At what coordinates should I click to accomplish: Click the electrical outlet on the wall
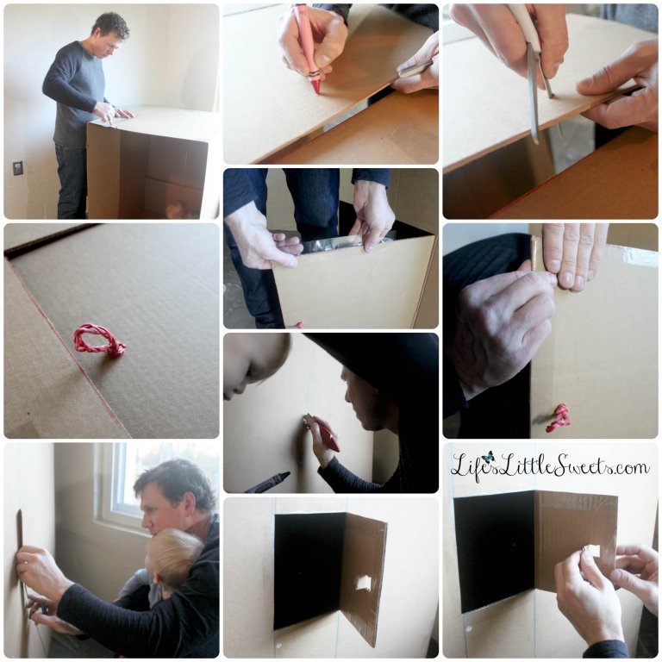[x=18, y=168]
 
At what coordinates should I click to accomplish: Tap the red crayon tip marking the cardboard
[x=316, y=90]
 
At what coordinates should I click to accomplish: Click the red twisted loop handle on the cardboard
[x=99, y=340]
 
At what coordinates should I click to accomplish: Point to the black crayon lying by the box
[x=267, y=482]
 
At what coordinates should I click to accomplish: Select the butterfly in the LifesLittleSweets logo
[x=489, y=457]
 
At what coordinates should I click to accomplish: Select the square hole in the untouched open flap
[x=363, y=583]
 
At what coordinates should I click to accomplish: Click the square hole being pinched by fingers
[x=592, y=550]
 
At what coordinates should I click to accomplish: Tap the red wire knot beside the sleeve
[x=559, y=418]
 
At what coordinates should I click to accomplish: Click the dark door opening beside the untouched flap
[x=309, y=571]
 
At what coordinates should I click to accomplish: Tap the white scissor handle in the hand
[x=527, y=25]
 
